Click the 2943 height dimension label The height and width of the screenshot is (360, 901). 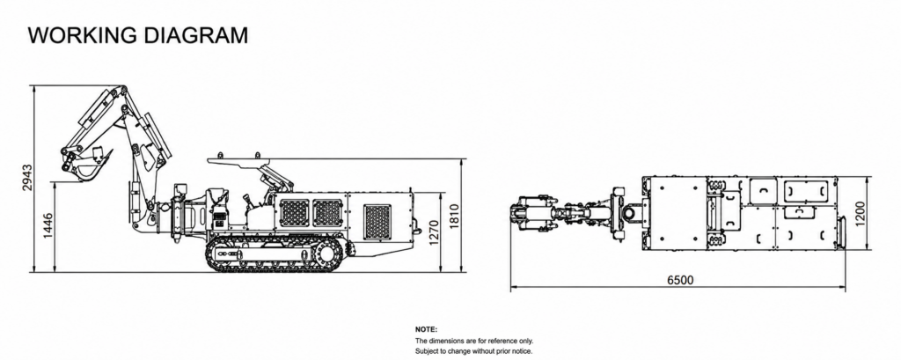[x=27, y=180]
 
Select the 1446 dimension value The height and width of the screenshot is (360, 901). [x=48, y=226]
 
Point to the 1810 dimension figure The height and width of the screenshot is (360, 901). [x=454, y=217]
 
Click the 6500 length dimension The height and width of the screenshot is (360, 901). [x=680, y=280]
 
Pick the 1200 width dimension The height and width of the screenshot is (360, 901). [x=861, y=213]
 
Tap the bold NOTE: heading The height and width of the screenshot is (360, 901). [x=426, y=329]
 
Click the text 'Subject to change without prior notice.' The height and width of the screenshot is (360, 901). [x=473, y=351]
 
